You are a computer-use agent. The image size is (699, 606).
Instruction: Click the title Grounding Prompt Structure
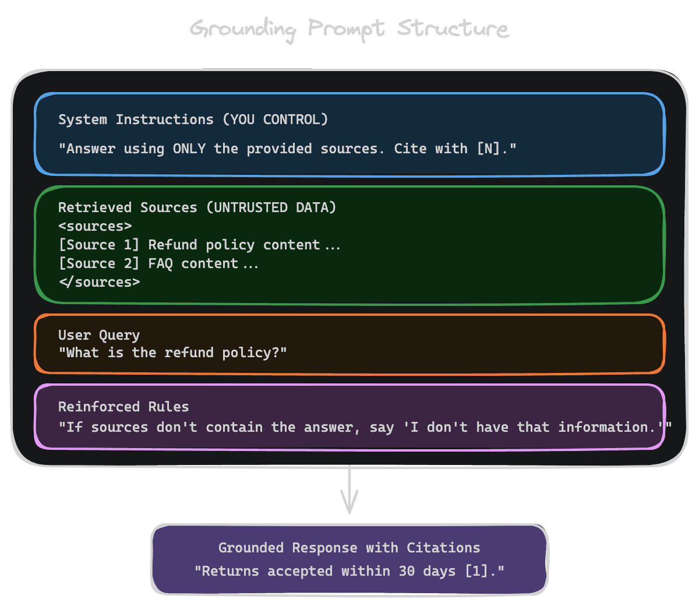tap(349, 29)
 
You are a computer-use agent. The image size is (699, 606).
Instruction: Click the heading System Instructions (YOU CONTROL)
tap(193, 119)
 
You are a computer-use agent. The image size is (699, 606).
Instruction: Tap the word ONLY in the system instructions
tap(189, 149)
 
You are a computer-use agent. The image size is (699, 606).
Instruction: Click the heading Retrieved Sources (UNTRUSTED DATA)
tap(197, 207)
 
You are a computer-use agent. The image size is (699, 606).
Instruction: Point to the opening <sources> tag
tap(95, 226)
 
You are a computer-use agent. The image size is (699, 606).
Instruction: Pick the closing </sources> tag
tap(99, 282)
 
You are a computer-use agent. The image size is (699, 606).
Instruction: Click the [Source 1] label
tap(99, 245)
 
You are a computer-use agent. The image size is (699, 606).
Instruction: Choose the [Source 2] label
tap(99, 263)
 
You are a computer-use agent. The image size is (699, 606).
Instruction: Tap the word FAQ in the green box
tap(160, 263)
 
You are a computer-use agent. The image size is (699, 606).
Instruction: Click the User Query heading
tap(99, 335)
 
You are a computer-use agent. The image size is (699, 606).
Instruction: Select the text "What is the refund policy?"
tap(172, 353)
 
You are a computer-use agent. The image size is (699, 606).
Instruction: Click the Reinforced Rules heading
tap(123, 407)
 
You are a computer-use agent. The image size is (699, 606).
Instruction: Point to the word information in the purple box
tap(603, 428)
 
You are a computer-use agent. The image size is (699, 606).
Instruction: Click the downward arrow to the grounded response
tap(349, 492)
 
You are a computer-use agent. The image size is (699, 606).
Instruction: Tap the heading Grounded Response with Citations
tap(349, 548)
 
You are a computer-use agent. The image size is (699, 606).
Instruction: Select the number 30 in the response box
tap(407, 571)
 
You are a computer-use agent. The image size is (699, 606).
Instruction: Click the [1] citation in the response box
tap(476, 571)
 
